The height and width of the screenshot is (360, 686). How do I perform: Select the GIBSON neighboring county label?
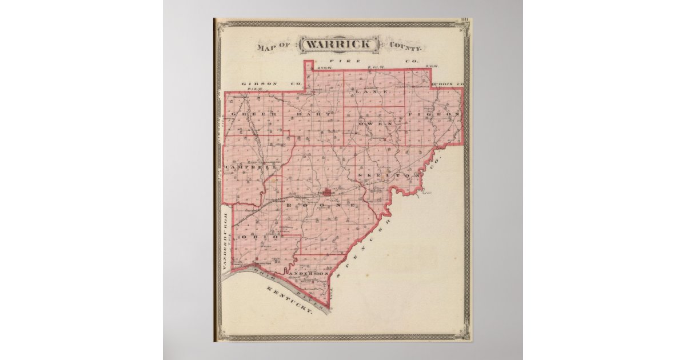pyautogui.click(x=259, y=84)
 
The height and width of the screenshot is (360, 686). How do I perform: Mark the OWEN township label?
pyautogui.click(x=375, y=123)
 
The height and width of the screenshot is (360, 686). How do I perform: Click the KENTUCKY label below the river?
pyautogui.click(x=289, y=302)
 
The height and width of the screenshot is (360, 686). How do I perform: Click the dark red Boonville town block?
pyautogui.click(x=327, y=193)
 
